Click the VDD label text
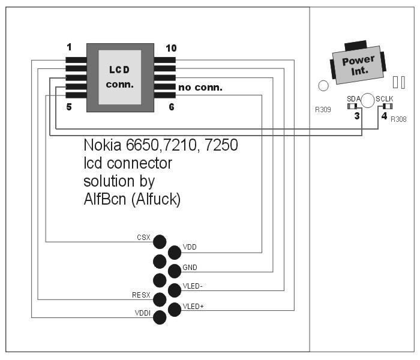[190, 247]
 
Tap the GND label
[190, 267]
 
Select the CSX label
[143, 238]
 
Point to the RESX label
[141, 295]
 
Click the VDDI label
[142, 313]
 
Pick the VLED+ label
[193, 307]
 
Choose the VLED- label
[193, 287]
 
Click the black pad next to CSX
[160, 242]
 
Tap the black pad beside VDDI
[160, 317]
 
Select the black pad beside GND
[175, 271]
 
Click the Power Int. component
[358, 64]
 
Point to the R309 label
[323, 110]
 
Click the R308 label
[398, 119]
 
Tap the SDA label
[353, 99]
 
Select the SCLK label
[384, 99]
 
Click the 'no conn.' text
[200, 88]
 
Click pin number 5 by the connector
[69, 107]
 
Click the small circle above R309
[323, 86]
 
